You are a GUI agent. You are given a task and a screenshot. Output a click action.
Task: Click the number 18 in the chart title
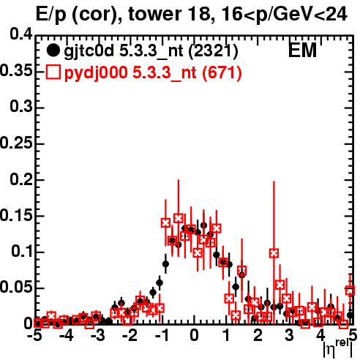(x=199, y=14)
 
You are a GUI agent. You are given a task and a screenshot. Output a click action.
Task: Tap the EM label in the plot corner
(x=302, y=50)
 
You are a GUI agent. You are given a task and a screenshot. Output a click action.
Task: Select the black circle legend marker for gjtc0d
(x=53, y=50)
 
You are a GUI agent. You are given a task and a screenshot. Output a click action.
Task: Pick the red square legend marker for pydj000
(x=53, y=72)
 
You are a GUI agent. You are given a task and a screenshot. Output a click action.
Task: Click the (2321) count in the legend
(x=213, y=51)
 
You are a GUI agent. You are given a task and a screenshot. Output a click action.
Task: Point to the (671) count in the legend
(x=222, y=72)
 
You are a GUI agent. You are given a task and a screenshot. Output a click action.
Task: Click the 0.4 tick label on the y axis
(x=21, y=34)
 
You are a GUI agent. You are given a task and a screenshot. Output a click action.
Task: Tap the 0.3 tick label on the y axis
(x=21, y=106)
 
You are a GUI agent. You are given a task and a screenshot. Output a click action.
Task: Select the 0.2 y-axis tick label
(x=21, y=179)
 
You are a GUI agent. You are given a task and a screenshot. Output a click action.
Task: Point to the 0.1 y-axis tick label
(x=21, y=251)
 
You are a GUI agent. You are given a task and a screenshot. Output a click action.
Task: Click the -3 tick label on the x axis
(x=98, y=336)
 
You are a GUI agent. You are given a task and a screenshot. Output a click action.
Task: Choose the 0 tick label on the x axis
(x=194, y=336)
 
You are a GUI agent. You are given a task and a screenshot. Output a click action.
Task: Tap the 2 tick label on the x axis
(x=258, y=336)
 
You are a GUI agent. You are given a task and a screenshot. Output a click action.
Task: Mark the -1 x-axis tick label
(x=162, y=336)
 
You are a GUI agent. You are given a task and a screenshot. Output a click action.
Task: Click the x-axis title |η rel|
(x=338, y=348)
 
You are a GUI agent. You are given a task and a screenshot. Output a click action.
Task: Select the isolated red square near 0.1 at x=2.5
(x=274, y=253)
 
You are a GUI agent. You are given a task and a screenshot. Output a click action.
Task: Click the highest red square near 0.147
(x=179, y=218)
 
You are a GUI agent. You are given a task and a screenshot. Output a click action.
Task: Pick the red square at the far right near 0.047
(x=350, y=290)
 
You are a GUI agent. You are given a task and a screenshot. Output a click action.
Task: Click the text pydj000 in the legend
(x=96, y=73)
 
